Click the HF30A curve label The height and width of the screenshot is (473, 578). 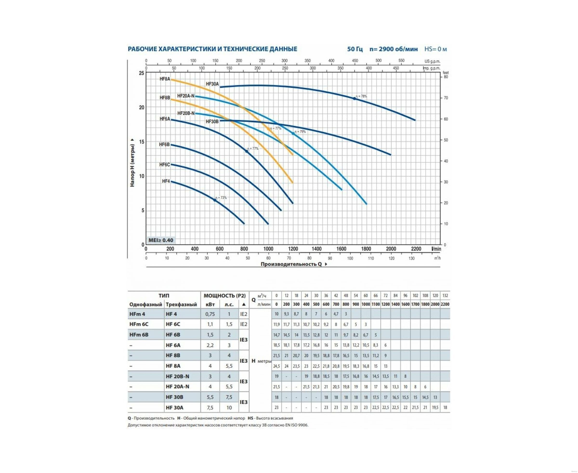tap(212, 84)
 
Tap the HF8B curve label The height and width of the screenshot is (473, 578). tap(164, 98)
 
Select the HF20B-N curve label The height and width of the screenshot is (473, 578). tap(186, 113)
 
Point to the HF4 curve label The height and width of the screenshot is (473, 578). tap(166, 181)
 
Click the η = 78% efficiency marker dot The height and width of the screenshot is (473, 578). tap(355, 98)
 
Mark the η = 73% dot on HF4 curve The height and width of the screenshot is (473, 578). tap(215, 200)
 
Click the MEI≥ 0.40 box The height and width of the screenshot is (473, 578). tap(161, 240)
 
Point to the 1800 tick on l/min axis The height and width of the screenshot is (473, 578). tap(366, 249)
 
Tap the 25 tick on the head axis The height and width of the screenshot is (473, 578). tap(141, 73)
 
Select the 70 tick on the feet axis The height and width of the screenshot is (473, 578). tap(446, 98)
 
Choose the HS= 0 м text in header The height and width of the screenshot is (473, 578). tap(435, 49)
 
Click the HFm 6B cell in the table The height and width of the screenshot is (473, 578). tap(139, 335)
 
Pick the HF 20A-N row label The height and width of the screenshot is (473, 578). tap(177, 386)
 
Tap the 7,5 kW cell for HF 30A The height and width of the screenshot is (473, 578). tap(210, 407)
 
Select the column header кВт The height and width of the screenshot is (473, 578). tap(210, 304)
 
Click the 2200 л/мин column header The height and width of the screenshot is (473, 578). tap(445, 304)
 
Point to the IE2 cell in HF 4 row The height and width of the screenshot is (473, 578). tap(244, 314)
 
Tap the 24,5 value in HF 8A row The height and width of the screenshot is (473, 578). tap(276, 366)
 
